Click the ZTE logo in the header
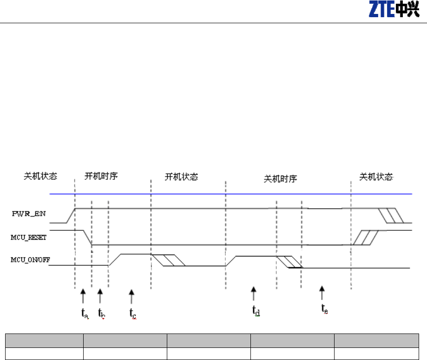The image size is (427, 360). click(x=393, y=10)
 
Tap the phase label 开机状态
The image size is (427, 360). click(x=182, y=177)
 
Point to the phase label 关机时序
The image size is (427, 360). click(x=280, y=179)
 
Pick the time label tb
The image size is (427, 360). click(x=101, y=313)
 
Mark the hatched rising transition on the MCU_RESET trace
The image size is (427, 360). click(x=364, y=237)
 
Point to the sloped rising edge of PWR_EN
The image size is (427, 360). click(x=71, y=216)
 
